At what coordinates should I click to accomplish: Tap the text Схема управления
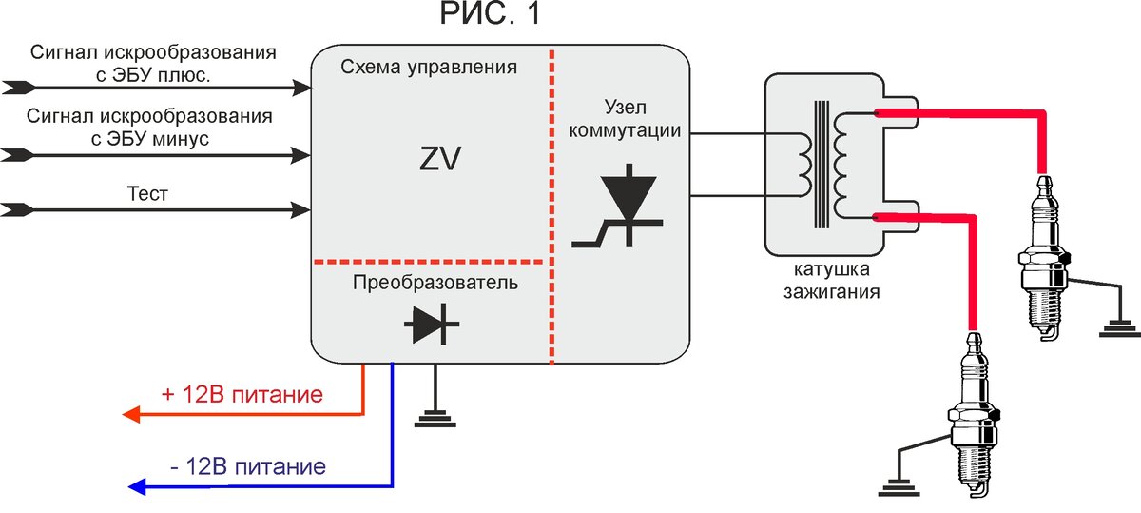coord(429,68)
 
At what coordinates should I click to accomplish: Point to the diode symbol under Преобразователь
coord(433,326)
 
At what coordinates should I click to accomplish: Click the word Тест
coord(147,194)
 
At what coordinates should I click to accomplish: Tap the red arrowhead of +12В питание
coord(132,414)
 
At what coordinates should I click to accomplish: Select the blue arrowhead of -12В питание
coord(136,487)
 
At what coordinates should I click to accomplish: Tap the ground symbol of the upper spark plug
coord(1118,329)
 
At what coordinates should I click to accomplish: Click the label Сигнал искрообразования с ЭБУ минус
coord(147,128)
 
